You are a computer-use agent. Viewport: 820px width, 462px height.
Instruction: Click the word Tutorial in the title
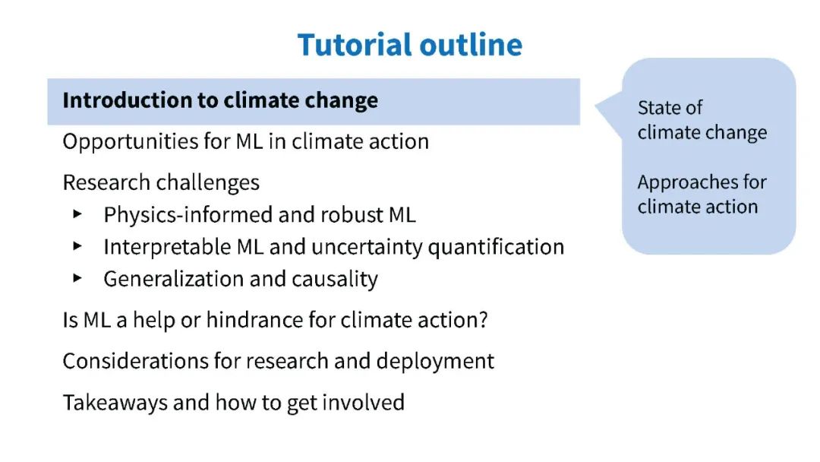point(355,45)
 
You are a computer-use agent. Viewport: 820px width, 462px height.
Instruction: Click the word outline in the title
point(471,45)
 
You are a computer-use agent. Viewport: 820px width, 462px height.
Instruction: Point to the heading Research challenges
point(161,182)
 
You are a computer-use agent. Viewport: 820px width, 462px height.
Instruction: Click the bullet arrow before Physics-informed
point(77,214)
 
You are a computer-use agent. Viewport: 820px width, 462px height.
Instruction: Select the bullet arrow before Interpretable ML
point(77,246)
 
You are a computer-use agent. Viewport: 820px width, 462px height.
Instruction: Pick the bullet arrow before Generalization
point(77,278)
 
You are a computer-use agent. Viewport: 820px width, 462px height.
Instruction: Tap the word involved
point(363,403)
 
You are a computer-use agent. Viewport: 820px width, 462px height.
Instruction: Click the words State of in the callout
point(670,108)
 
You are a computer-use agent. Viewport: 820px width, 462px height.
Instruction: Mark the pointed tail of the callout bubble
point(596,106)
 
